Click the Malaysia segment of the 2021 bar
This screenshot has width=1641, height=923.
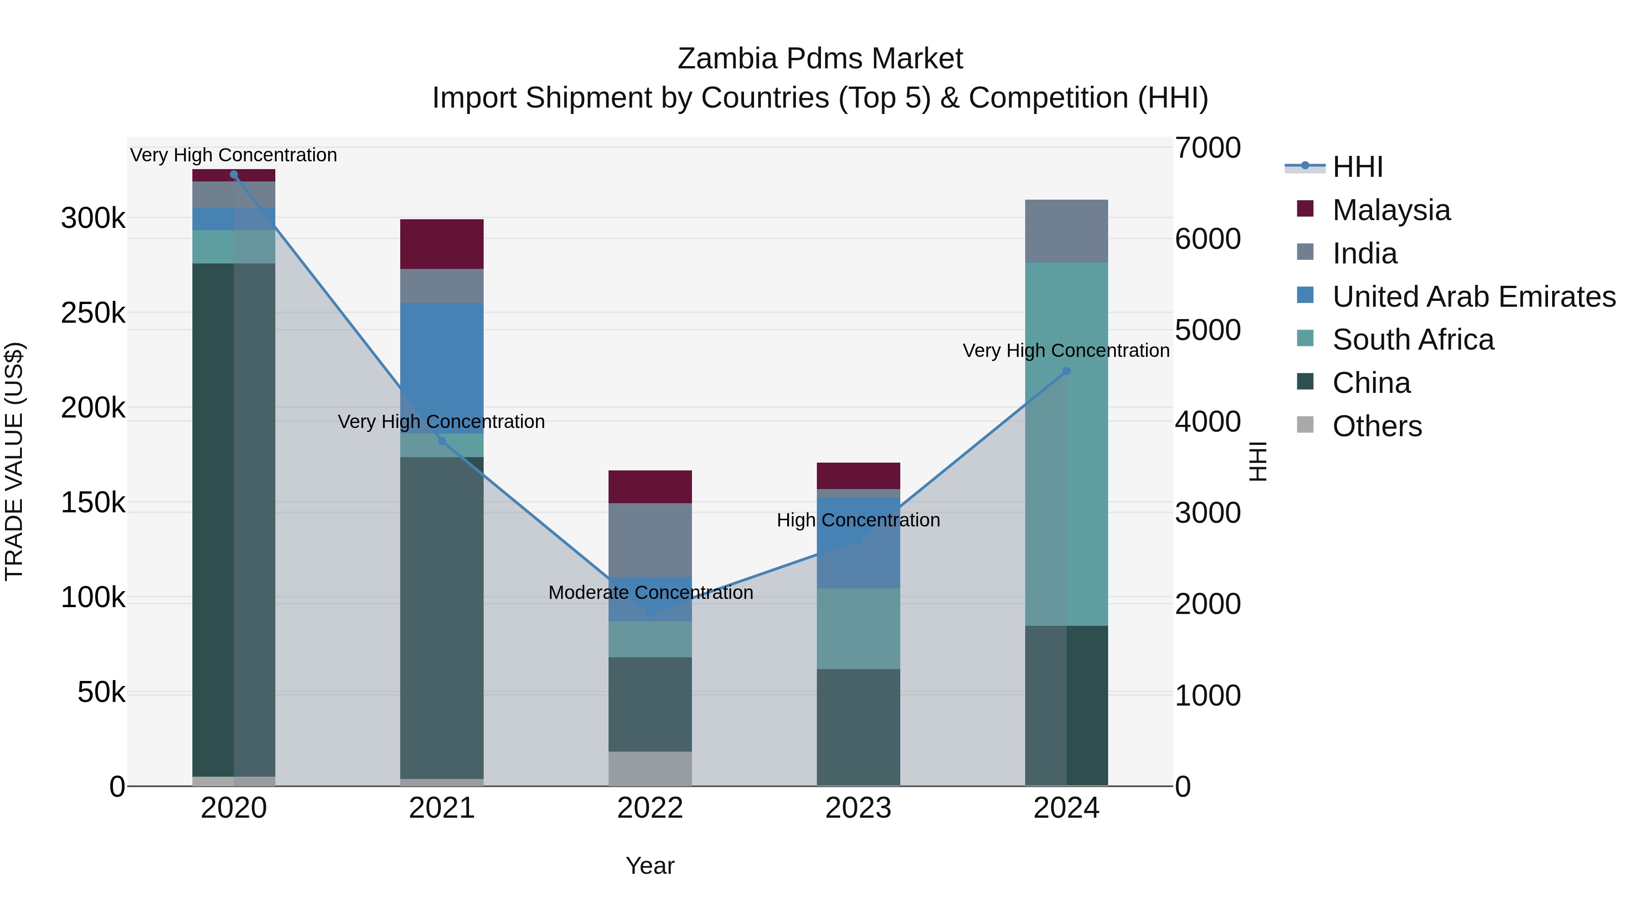(x=441, y=244)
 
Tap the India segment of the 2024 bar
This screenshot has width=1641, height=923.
(x=1066, y=231)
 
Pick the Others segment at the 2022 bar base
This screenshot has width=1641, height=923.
(x=650, y=768)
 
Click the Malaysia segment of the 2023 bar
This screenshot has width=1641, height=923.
(x=858, y=475)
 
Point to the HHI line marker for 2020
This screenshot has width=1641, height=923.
(x=234, y=175)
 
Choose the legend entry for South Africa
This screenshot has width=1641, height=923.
(x=1413, y=340)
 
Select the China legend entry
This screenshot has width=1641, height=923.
(x=1371, y=383)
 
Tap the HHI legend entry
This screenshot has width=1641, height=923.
(x=1357, y=167)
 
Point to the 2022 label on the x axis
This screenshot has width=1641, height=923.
(x=650, y=808)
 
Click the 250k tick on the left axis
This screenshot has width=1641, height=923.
(x=93, y=313)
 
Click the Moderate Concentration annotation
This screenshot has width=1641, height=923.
(x=650, y=593)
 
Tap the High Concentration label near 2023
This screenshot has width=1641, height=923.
(x=858, y=520)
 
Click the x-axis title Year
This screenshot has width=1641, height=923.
(x=650, y=866)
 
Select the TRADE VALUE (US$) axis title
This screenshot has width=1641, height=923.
(x=14, y=461)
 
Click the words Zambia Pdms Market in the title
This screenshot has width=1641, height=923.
(x=820, y=59)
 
